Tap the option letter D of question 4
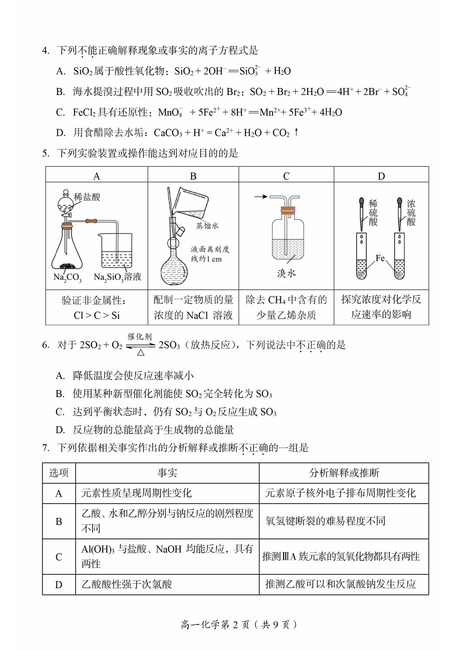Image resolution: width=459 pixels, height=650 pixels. click(x=60, y=133)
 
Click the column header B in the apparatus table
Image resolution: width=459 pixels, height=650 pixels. click(x=193, y=176)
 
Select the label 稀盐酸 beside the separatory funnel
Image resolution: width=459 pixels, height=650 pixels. click(x=87, y=197)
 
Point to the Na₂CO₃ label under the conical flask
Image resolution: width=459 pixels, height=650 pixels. click(x=67, y=278)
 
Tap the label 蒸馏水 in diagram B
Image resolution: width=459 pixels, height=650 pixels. click(x=207, y=226)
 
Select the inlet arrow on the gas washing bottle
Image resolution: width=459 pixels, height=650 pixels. click(x=261, y=196)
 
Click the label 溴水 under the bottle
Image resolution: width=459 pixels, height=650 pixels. click(x=286, y=273)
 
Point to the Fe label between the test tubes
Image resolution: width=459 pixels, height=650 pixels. click(x=380, y=258)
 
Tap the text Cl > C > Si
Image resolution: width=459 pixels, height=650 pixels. click(x=96, y=316)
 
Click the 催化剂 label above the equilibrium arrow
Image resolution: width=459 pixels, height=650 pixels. click(x=140, y=337)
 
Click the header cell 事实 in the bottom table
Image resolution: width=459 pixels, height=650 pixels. click(x=167, y=473)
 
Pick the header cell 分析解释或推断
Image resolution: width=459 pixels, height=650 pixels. click(x=344, y=473)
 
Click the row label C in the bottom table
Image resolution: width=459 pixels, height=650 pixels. click(x=59, y=557)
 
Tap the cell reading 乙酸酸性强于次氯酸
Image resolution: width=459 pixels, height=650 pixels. click(x=127, y=585)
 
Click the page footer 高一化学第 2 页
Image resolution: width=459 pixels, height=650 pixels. click(x=238, y=625)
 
